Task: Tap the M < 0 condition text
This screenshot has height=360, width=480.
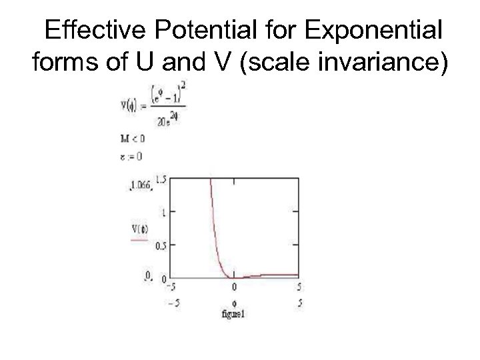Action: [132, 139]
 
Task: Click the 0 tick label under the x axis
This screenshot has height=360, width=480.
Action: [233, 287]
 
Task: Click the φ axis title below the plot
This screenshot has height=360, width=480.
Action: [233, 295]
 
